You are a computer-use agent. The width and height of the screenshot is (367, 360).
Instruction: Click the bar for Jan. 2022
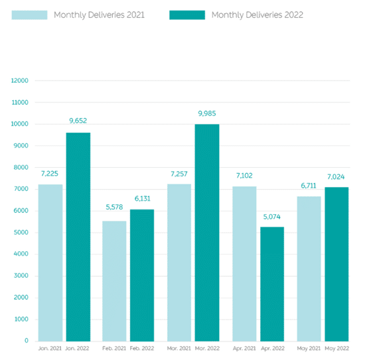78,237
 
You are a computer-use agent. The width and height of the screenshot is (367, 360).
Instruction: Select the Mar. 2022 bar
207,233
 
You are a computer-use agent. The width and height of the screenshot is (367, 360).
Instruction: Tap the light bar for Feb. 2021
114,281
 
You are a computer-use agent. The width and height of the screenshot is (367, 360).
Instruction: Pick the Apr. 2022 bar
272,284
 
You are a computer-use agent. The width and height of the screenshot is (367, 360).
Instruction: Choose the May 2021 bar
309,269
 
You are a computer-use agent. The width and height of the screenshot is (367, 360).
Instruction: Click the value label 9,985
207,113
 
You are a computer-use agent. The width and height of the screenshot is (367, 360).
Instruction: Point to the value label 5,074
271,217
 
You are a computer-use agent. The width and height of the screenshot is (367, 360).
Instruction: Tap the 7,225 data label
50,174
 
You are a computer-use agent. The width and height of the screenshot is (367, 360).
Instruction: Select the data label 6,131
142,199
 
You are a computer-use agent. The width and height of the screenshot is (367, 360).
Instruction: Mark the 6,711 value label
309,186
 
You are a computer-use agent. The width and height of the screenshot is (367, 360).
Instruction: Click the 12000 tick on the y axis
20,81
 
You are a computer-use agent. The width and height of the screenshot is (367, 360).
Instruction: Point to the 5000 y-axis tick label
21,233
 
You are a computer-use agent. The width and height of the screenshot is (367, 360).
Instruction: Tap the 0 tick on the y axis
27,341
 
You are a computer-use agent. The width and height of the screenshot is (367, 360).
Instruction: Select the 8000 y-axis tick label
21,167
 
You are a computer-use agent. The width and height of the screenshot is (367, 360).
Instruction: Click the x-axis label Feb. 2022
142,349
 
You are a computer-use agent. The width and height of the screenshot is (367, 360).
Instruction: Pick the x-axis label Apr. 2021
244,349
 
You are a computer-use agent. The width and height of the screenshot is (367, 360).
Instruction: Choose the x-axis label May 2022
337,349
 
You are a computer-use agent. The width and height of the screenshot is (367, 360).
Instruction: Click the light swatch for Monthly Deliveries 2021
29,15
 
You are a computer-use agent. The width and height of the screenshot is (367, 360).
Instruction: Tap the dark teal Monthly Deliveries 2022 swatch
187,15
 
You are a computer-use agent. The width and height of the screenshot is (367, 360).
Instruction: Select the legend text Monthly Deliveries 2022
257,15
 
